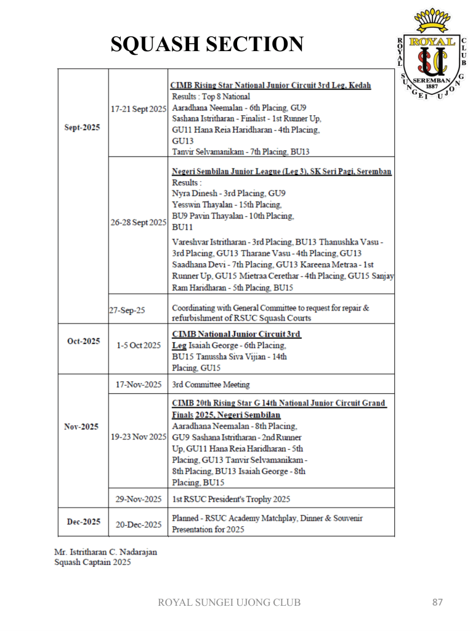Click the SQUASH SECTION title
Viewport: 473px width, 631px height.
tap(207, 44)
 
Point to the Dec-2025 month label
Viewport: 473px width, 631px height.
tap(83, 522)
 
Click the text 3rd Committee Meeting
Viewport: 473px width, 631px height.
tap(211, 385)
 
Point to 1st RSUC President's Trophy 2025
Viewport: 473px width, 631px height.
tap(236, 497)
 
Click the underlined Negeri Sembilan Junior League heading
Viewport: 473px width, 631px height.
tap(282, 171)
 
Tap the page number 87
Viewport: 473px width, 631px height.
tap(438, 602)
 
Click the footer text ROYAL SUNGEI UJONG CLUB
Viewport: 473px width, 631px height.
tap(230, 602)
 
